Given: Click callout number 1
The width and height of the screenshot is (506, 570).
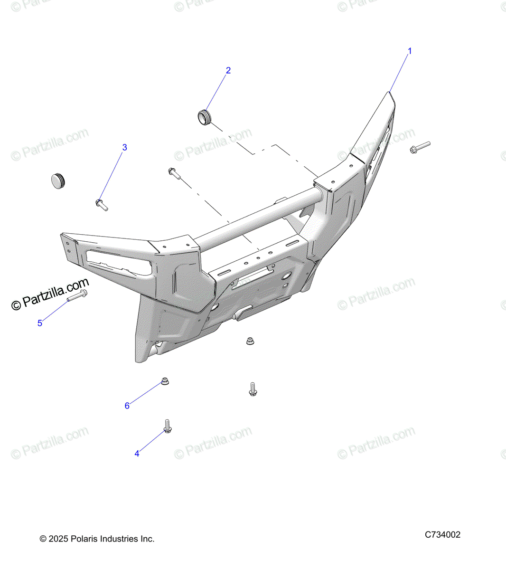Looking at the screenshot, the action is pyautogui.click(x=410, y=51).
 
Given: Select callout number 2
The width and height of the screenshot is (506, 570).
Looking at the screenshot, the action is pyautogui.click(x=228, y=70).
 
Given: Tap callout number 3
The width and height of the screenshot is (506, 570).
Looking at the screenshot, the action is pyautogui.click(x=125, y=147).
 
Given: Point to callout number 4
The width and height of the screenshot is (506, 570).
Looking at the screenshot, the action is pyautogui.click(x=137, y=454).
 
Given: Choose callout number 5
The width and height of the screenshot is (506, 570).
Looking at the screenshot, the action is pyautogui.click(x=40, y=323).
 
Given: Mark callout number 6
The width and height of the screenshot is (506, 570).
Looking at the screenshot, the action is pyautogui.click(x=127, y=406).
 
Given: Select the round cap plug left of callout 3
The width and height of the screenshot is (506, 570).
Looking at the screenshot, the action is pyautogui.click(x=59, y=180).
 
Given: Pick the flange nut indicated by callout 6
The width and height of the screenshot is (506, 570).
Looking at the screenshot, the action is pyautogui.click(x=165, y=381).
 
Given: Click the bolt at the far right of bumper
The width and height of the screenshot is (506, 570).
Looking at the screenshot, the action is pyautogui.click(x=420, y=147).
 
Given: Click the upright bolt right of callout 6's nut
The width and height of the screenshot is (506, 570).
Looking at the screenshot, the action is pyautogui.click(x=253, y=389).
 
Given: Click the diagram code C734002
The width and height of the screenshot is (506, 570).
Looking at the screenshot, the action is pyautogui.click(x=442, y=534).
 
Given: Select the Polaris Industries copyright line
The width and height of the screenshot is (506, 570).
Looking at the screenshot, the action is pyautogui.click(x=97, y=539).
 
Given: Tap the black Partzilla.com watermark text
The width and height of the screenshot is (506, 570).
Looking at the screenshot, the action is pyautogui.click(x=50, y=294).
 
